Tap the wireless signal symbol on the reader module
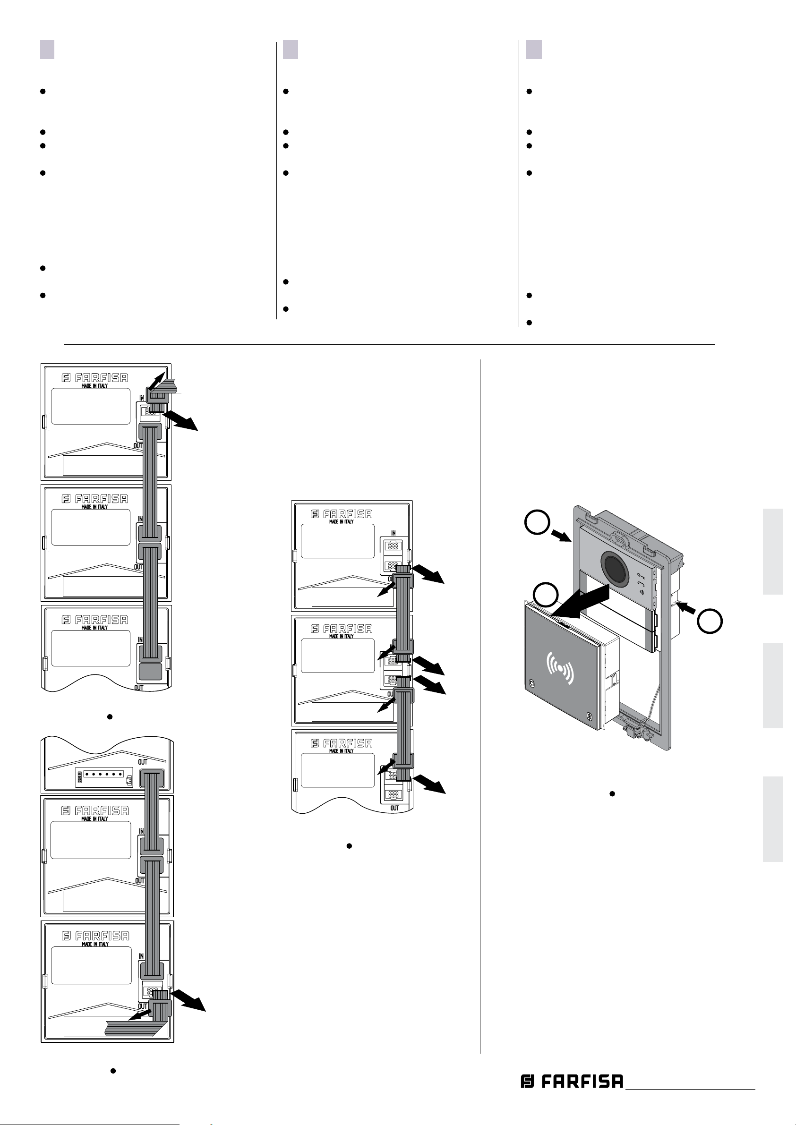point(560,667)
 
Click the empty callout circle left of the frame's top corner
point(536,522)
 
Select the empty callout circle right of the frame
point(710,621)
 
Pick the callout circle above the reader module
point(546,595)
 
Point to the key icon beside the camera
point(641,577)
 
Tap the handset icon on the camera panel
point(641,585)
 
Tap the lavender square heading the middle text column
point(290,50)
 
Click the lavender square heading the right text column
point(534,50)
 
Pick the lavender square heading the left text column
point(47,50)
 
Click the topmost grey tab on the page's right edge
point(773,552)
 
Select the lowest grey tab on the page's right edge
point(773,819)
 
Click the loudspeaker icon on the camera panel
point(641,592)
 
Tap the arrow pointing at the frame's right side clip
point(687,609)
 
